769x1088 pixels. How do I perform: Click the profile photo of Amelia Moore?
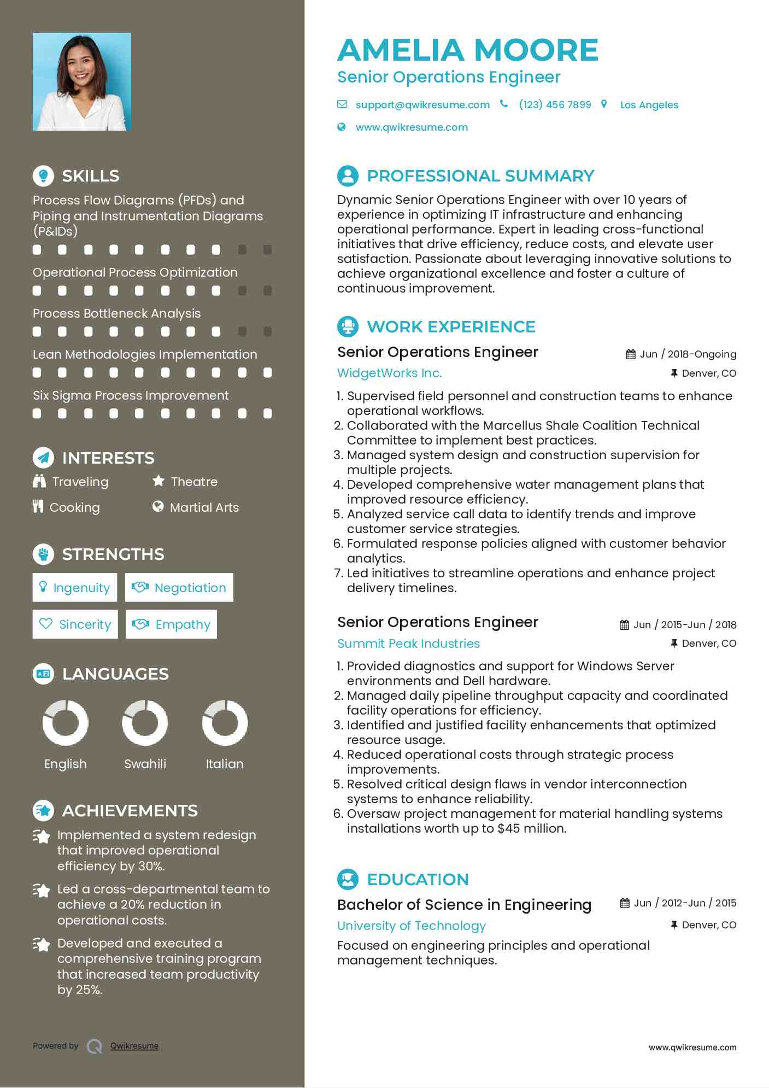82,82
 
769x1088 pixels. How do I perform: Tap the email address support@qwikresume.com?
422,105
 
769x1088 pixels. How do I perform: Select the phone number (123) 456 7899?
555,105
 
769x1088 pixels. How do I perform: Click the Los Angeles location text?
649,105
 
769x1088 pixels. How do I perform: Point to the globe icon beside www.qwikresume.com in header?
342,127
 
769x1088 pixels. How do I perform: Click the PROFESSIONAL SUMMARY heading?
480,176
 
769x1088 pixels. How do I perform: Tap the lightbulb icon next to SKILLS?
43,176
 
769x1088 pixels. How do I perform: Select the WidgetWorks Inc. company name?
389,373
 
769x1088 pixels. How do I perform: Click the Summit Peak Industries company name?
408,644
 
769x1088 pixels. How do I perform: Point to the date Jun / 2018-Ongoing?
688,354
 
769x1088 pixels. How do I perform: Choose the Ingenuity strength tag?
75,588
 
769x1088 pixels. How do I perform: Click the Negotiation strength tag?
179,588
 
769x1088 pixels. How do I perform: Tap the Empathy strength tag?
172,624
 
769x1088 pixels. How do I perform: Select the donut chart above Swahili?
145,723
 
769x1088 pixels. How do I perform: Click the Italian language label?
225,764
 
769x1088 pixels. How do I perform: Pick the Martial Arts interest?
204,507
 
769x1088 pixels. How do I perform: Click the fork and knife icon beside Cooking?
38,507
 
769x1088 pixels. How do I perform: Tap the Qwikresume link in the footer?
134,1046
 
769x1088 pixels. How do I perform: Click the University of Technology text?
411,926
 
